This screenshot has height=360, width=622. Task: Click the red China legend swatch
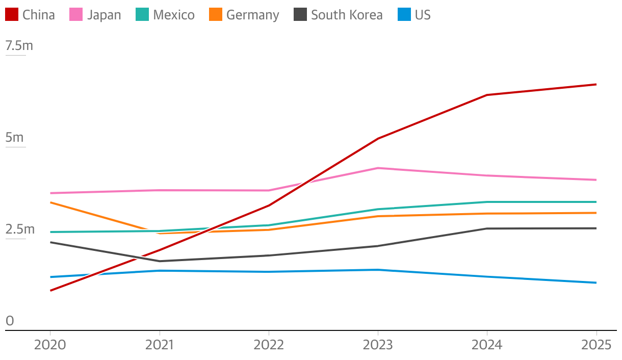point(12,15)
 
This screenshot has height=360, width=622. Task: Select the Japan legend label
point(104,15)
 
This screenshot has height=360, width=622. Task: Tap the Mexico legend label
point(173,15)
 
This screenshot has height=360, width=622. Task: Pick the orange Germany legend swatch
point(216,15)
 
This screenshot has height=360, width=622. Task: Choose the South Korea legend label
point(347,15)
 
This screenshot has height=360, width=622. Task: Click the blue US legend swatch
point(404,15)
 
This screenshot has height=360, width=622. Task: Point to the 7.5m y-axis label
point(19,46)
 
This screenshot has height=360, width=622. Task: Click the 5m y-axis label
point(14,138)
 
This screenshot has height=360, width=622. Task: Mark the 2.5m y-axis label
point(20,229)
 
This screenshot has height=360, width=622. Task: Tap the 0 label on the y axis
point(10,321)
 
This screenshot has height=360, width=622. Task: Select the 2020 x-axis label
point(50,345)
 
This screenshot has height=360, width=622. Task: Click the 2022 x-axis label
point(269,345)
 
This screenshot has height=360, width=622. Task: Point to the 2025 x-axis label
point(596,345)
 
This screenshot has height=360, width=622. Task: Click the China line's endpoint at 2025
point(596,85)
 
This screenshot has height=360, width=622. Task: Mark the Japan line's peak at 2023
point(378,168)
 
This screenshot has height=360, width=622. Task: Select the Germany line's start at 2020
point(50,202)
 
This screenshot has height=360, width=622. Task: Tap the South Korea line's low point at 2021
point(160,261)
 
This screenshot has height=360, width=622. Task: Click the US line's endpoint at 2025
point(596,282)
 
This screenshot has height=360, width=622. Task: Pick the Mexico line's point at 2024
point(487,202)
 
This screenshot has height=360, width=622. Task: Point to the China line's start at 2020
point(50,291)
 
